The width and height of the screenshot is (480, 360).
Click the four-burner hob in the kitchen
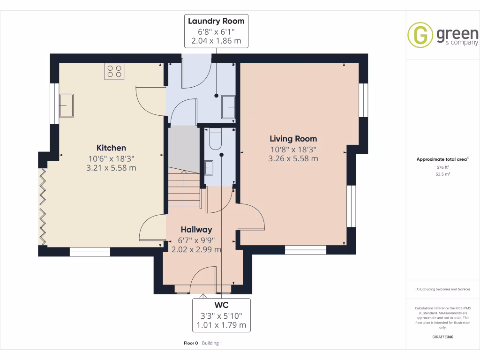[114, 71]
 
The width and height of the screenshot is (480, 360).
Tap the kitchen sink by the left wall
[66, 105]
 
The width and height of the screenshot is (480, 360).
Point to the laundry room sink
[229, 106]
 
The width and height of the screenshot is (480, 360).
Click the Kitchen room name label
[111, 148]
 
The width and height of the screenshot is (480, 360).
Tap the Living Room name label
[293, 139]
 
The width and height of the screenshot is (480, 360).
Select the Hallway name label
[196, 230]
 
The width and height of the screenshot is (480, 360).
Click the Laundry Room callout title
[216, 21]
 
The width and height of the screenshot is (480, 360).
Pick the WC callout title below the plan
[221, 305]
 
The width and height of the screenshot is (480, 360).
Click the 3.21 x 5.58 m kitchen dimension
[111, 167]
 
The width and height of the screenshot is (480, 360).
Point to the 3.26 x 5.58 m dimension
[293, 158]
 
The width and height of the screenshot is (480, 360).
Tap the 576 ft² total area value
[442, 167]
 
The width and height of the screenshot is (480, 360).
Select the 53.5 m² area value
[442, 174]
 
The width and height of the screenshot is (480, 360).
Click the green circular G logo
[420, 35]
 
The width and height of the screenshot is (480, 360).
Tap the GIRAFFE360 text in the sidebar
[442, 337]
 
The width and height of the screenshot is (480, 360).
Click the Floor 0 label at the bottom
[191, 343]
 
